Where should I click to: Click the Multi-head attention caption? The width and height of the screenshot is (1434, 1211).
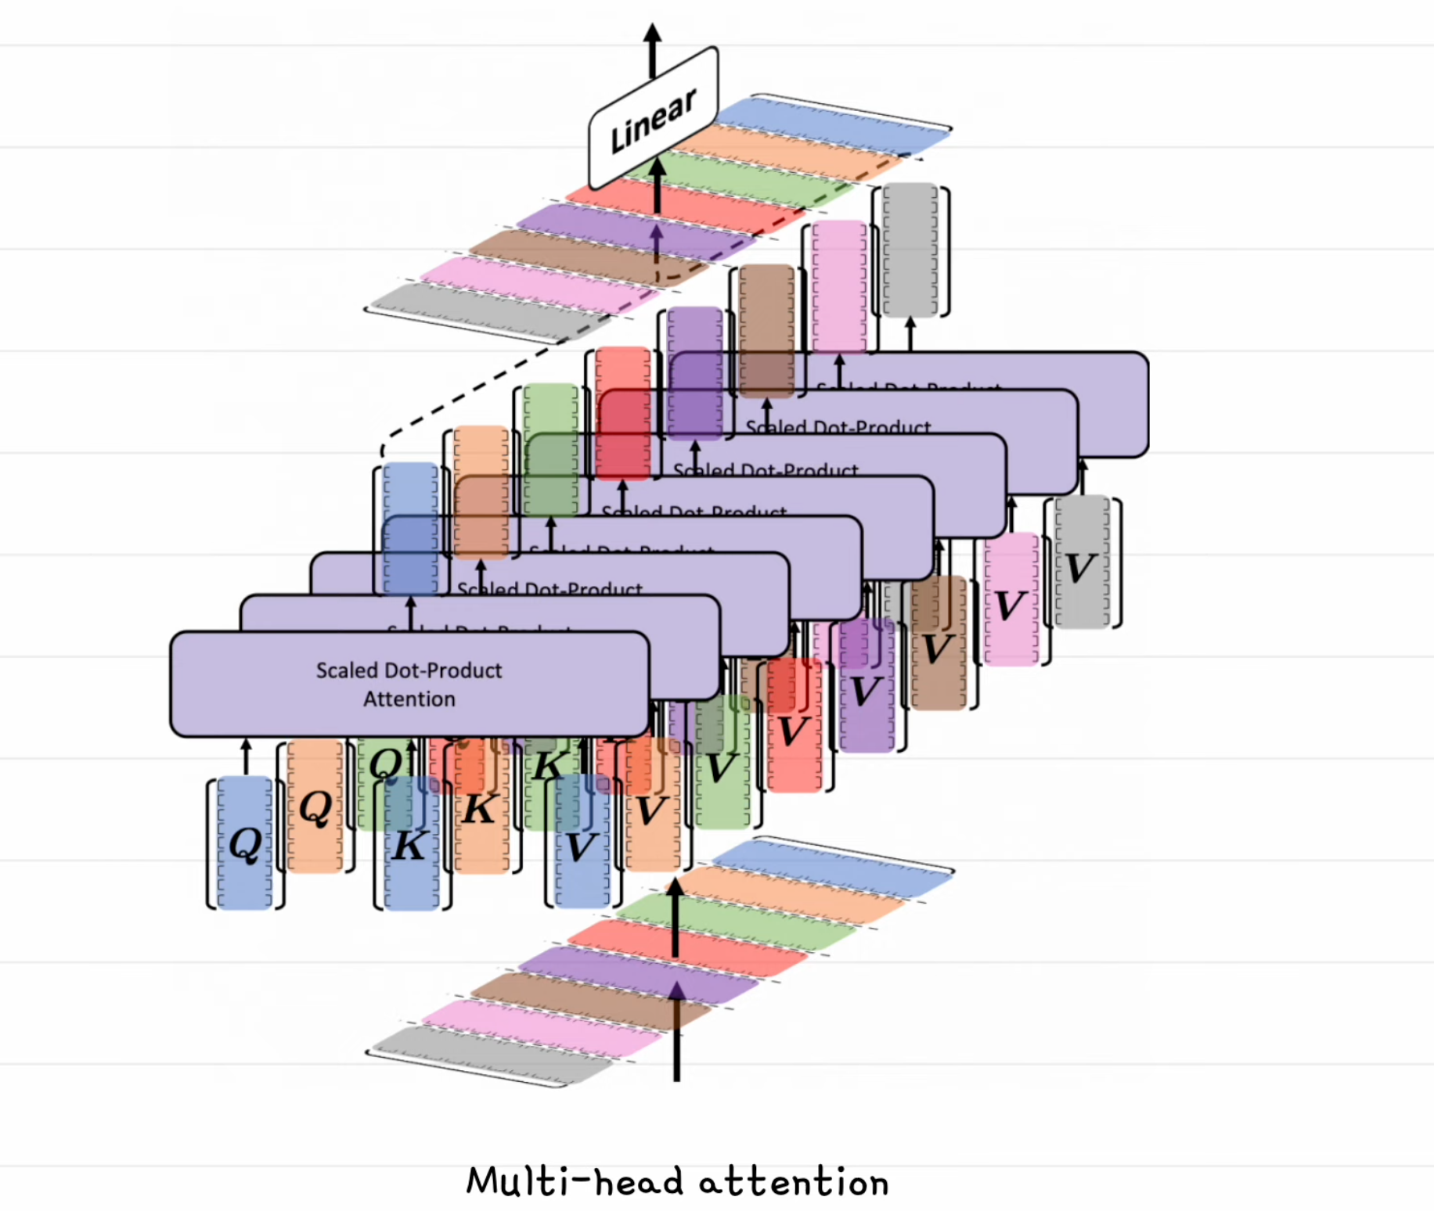[x=677, y=1181]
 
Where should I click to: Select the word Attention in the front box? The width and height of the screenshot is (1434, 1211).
[x=409, y=699]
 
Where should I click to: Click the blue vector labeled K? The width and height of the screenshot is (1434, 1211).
[x=410, y=845]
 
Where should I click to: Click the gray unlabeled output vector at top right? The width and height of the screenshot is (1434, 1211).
[x=910, y=250]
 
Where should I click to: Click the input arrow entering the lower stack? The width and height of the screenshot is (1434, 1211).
[x=676, y=1048]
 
